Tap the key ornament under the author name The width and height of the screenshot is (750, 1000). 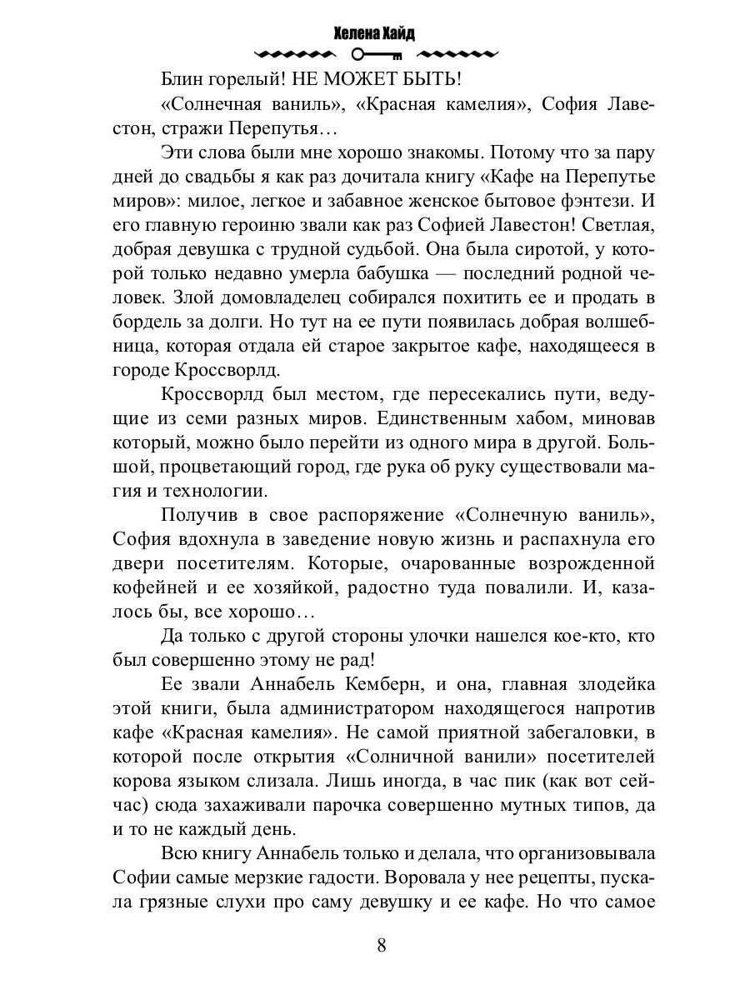coord(377,55)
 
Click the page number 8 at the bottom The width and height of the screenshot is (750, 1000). coord(381,945)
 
